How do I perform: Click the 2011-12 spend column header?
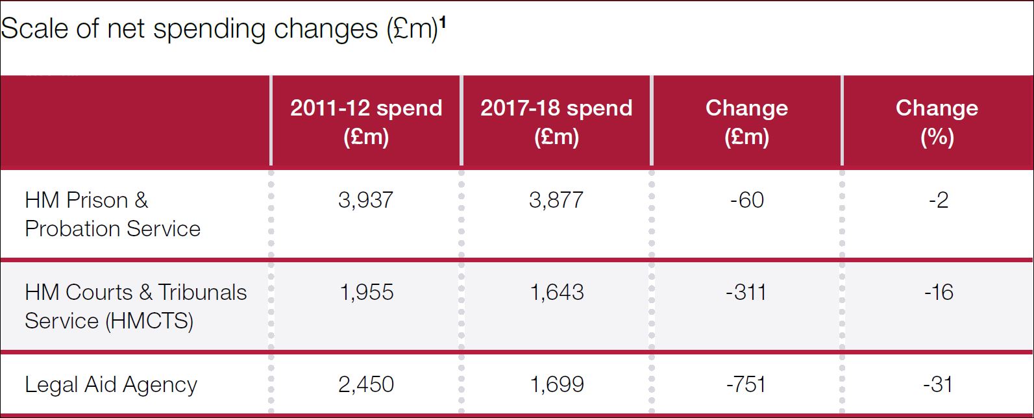coord(366,122)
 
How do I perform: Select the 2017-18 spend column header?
coord(556,122)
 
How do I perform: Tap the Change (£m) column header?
coord(746,122)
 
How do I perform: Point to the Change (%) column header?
coord(937,122)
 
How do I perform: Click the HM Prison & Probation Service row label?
coord(112,214)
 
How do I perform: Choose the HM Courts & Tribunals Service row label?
coord(136,306)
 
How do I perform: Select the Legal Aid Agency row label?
coord(111,385)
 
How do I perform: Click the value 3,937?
coord(365,200)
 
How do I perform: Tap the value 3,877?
coord(556,200)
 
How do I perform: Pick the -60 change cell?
coord(746,200)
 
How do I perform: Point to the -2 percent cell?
coord(938,200)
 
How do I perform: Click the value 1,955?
coord(367,292)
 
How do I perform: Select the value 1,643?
coord(557,292)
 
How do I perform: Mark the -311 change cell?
coord(746,292)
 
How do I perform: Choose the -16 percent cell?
coord(939,292)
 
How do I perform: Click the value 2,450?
coord(366,384)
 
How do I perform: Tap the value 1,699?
coord(557,384)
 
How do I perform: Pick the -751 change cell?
coord(746,384)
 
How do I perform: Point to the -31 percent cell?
coord(938,384)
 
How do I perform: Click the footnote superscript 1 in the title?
coord(443,23)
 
